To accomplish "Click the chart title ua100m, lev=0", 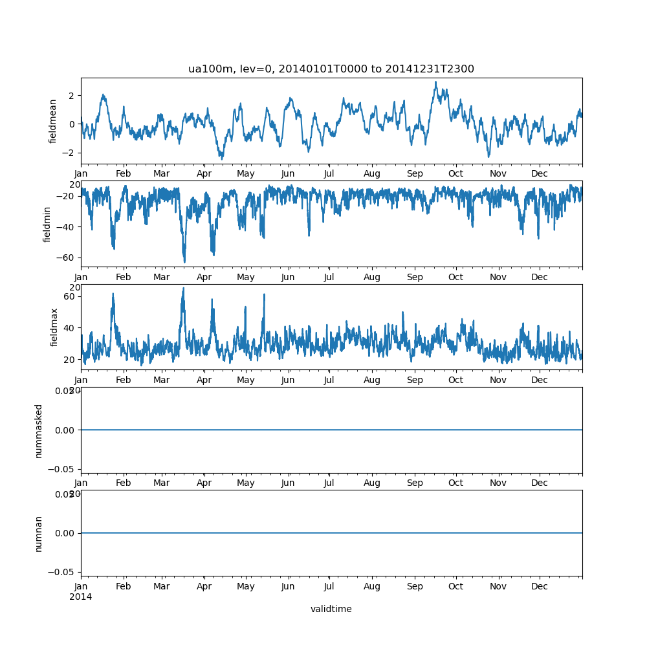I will click(x=331, y=69).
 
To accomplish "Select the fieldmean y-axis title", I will click(x=53, y=121).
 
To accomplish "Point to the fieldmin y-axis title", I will click(x=47, y=224).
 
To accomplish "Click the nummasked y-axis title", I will click(x=39, y=430).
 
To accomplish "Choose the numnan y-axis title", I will click(x=39, y=533).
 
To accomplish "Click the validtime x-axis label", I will click(x=331, y=609).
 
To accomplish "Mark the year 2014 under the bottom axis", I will click(x=80, y=597).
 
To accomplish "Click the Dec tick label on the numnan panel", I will click(x=540, y=586).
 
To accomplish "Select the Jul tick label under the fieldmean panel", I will click(x=329, y=173).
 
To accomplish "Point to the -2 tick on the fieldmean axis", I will click(x=68, y=153).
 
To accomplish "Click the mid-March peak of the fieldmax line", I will click(x=183, y=289).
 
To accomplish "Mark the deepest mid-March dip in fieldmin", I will click(x=184, y=262).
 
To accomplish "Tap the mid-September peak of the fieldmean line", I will click(x=435, y=82).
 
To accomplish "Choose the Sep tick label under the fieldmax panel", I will click(x=415, y=380).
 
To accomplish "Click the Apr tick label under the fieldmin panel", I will click(x=204, y=277).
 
